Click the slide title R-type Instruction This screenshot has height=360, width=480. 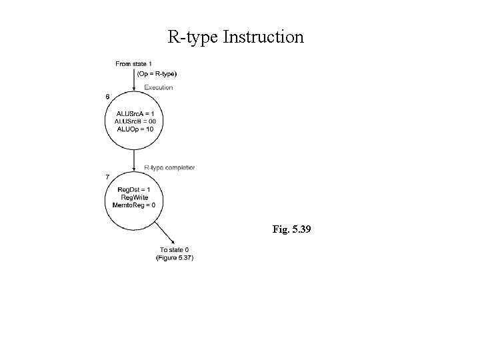point(235,37)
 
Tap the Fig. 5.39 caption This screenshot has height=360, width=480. point(291,230)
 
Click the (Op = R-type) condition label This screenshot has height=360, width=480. point(157,74)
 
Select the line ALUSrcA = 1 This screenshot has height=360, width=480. point(135,113)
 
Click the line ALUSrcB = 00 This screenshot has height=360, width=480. point(135,121)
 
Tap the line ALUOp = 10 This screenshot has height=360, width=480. point(135,129)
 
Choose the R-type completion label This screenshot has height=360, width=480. point(169,168)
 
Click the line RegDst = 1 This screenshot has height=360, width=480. point(135,189)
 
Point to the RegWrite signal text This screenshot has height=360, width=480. point(135,197)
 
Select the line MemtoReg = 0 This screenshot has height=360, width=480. point(135,205)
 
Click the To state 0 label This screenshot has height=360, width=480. point(175,250)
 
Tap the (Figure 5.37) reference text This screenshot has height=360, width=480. point(175,258)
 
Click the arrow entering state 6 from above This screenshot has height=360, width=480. point(135,83)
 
